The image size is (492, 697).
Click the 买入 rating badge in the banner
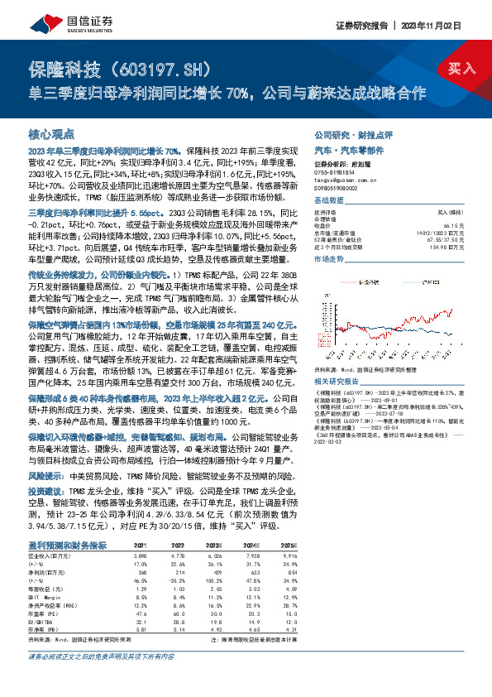pos(461,69)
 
